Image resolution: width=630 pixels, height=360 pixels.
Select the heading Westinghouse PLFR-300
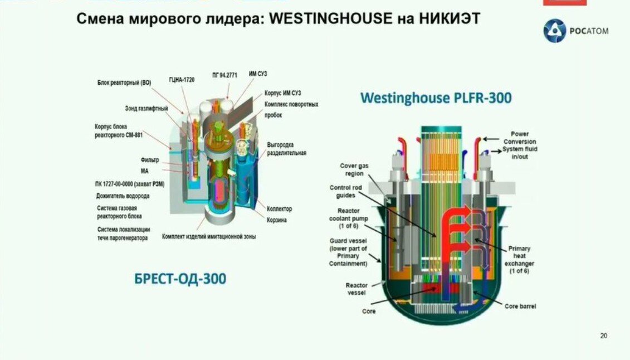[436, 98]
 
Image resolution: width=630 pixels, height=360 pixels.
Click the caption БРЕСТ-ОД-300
[180, 279]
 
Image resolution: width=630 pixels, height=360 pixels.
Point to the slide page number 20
[604, 335]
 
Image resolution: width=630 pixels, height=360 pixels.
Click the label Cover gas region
[354, 169]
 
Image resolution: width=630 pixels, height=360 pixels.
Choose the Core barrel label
[520, 306]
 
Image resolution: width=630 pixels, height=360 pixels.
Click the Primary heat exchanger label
[519, 260]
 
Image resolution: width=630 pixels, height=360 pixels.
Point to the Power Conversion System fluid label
[515, 145]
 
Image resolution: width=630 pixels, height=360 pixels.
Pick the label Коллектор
[279, 209]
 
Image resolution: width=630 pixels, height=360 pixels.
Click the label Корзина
[277, 220]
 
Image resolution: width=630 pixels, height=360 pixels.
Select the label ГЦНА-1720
[182, 80]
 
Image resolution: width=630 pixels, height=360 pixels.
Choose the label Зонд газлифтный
[146, 108]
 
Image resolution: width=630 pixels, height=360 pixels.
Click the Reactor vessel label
[356, 289]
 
